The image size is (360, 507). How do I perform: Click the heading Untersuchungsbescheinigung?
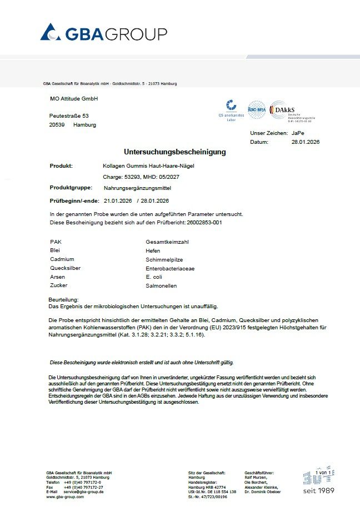click(174, 152)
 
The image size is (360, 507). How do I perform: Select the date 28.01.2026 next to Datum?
click(306, 142)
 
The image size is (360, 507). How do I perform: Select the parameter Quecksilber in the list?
click(65, 268)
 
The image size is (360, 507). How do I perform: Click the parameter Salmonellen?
click(161, 286)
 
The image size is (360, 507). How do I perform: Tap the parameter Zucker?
click(58, 286)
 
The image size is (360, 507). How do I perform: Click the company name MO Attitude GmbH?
click(74, 98)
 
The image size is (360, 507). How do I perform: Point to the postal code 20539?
click(57, 125)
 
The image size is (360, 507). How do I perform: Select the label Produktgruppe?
click(71, 188)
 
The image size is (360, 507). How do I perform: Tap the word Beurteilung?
click(64, 300)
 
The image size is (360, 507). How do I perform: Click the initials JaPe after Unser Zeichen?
click(298, 133)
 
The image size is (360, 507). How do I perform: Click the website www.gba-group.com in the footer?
click(65, 497)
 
